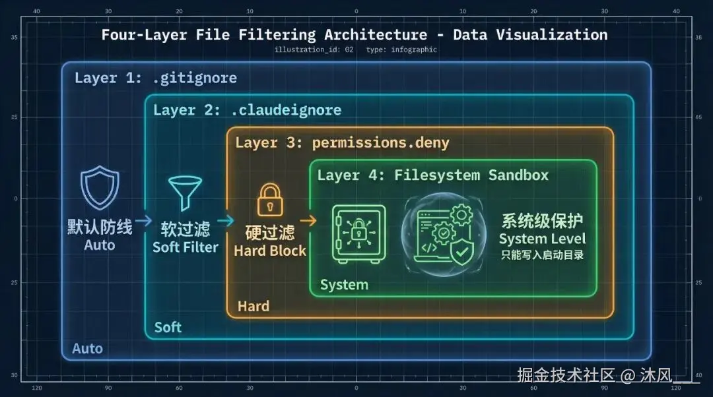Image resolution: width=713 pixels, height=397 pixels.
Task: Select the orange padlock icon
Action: (x=269, y=200)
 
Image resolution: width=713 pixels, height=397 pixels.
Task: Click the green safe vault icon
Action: (x=358, y=234)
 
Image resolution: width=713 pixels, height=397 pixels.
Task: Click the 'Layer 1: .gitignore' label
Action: (x=155, y=78)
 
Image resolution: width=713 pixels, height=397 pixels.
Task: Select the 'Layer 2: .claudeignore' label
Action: (x=247, y=110)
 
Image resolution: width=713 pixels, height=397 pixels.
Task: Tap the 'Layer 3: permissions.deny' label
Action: (x=342, y=142)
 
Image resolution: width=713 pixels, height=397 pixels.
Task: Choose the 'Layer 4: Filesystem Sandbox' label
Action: (x=433, y=175)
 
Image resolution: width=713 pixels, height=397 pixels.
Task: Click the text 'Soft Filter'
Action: (x=186, y=247)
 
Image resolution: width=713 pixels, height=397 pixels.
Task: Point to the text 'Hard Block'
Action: (x=270, y=251)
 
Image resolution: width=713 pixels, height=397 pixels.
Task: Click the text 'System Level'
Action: (x=542, y=239)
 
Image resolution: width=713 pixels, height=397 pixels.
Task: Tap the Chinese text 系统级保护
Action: (x=542, y=221)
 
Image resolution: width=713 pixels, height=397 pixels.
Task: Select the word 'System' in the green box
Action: (x=344, y=285)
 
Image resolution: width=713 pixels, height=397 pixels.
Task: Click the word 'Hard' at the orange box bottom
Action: (x=254, y=306)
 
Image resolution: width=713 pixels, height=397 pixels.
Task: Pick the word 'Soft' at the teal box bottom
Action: (x=168, y=328)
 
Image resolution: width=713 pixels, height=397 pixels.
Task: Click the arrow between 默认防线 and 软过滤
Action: (x=144, y=222)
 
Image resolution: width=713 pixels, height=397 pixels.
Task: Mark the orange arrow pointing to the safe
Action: (x=308, y=222)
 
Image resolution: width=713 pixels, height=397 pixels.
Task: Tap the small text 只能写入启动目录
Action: (x=542, y=255)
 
